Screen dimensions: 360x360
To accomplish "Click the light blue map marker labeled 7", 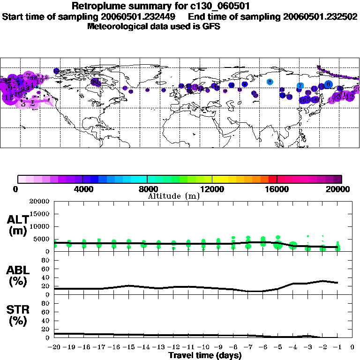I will [300, 86].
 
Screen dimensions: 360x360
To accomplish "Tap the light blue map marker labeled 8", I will [270, 82].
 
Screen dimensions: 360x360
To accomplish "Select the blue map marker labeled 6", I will [329, 84].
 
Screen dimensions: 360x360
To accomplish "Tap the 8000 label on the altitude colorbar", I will [147, 189].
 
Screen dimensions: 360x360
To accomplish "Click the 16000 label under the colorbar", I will [277, 189].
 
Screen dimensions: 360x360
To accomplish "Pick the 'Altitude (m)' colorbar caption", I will [173, 196].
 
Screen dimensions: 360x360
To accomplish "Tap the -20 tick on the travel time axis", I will [54, 348].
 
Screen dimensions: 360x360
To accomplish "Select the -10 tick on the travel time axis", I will [203, 348].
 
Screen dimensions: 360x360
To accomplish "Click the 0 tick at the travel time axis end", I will [352, 348].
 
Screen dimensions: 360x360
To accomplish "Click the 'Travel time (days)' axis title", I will [205, 356].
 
